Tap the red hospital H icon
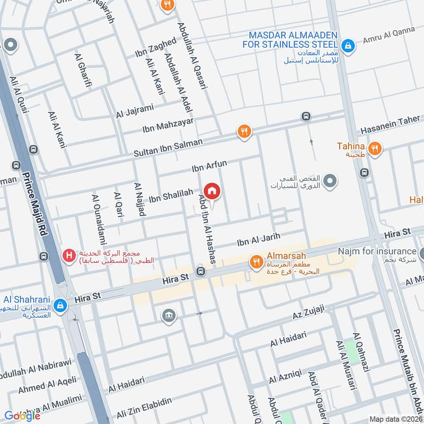pos(68,256)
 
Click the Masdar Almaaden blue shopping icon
pos(348,46)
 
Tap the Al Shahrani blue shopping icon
pos(60,305)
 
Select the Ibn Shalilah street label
pos(170,196)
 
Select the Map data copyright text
pos(395,419)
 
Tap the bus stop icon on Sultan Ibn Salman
pos(305,116)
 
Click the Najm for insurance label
pos(377,251)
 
